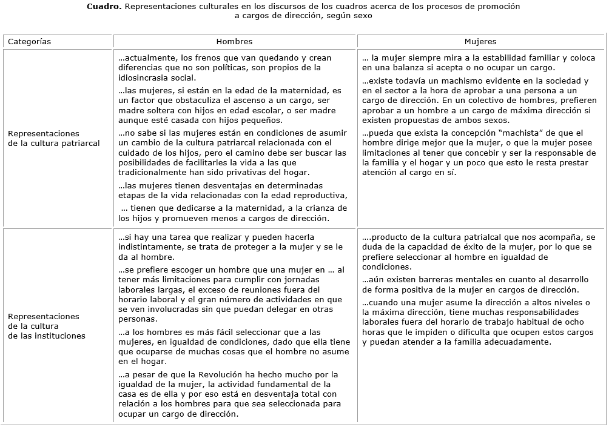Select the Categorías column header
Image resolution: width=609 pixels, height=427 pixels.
29,42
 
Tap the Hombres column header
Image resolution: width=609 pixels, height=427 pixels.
234,42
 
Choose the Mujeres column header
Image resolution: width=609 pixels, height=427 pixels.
480,42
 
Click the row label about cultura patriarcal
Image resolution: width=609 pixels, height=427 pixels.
44,138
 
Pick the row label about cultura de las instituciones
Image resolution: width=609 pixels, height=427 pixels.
44,326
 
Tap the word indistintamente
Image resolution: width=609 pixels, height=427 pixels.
148,247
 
